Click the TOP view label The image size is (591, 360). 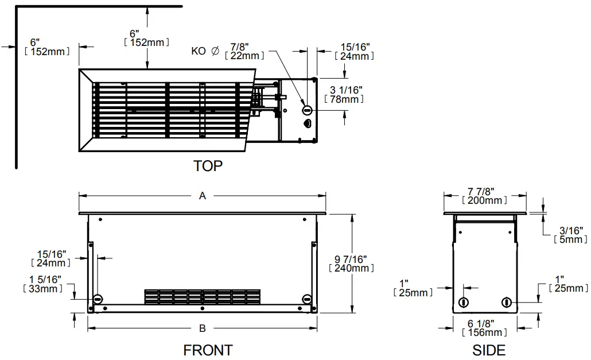tap(208, 166)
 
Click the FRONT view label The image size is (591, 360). tap(208, 350)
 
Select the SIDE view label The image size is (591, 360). tap(488, 350)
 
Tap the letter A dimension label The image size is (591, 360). tap(202, 196)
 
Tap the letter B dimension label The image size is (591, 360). tap(202, 328)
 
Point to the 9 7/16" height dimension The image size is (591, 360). tap(351, 260)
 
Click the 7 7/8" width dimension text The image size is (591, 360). tap(484, 191)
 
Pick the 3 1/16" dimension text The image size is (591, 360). tap(346, 90)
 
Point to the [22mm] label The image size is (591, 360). tap(244, 56)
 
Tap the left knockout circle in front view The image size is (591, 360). tap(97, 299)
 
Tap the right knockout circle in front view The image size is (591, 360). tap(307, 299)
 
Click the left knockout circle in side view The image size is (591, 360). tap(464, 302)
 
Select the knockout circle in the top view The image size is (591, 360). tap(306, 109)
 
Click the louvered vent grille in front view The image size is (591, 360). tap(203, 296)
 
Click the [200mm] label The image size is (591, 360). tap(484, 200)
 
